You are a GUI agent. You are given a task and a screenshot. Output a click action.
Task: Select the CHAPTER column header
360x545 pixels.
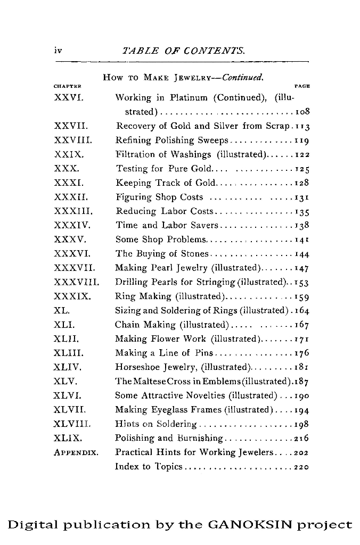[67, 86]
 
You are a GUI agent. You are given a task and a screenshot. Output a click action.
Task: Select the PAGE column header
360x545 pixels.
[302, 86]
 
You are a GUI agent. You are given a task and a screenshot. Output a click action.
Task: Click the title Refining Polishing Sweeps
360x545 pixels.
[171, 141]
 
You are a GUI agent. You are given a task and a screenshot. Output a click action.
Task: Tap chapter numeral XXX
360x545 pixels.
[67, 169]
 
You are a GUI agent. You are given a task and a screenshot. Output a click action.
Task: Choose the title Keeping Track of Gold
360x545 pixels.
[165, 183]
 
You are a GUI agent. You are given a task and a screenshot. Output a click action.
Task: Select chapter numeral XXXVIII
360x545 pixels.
[77, 282]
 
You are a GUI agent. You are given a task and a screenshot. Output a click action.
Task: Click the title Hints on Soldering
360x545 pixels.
[156, 424]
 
